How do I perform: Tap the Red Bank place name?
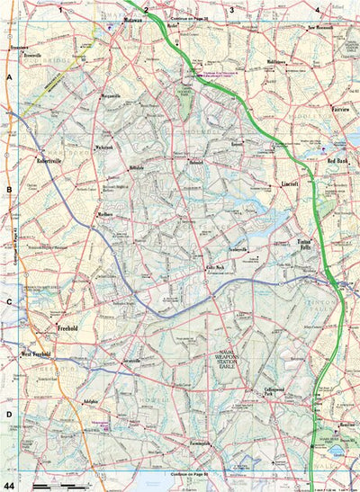pos(337,160)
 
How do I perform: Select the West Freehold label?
pos(37,354)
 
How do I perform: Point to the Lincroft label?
pos(289,183)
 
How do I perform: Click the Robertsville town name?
pos(55,157)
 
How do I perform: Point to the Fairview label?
pos(341,104)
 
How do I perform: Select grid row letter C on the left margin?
pos(9,302)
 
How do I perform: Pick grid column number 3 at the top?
pos(231,10)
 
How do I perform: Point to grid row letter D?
pos(9,415)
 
